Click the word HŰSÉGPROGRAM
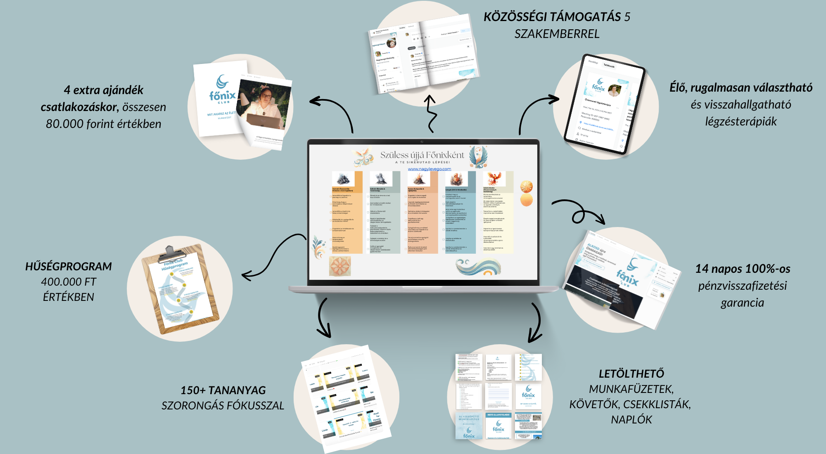[69, 267]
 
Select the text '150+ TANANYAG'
[223, 390]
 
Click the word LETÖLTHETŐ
[631, 374]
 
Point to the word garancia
[742, 303]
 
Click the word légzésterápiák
[741, 122]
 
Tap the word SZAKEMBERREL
[557, 34]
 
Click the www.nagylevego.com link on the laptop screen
[430, 169]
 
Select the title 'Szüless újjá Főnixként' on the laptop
[422, 155]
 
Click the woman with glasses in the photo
[264, 101]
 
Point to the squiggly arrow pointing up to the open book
[431, 113]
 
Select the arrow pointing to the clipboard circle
[273, 256]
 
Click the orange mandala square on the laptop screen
[340, 266]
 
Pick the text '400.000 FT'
[69, 282]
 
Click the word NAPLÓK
[631, 420]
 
